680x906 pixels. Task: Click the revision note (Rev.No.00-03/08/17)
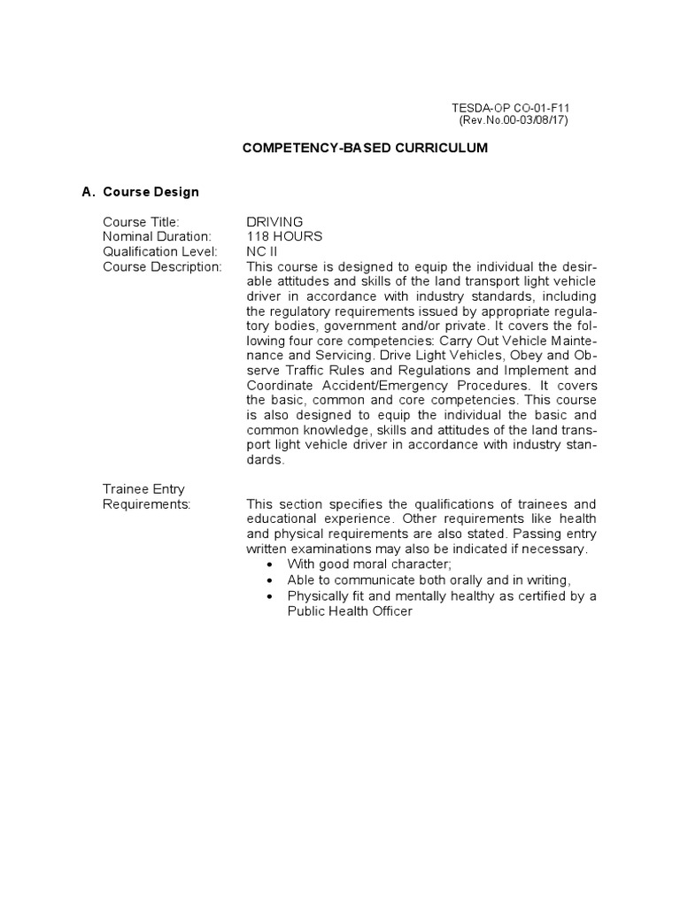[x=514, y=120]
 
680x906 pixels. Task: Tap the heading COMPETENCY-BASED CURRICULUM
[x=365, y=149]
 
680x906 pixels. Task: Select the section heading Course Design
[x=151, y=192]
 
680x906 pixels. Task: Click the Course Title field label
[x=141, y=221]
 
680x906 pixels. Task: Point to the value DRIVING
[x=274, y=221]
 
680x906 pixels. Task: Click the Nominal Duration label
[x=157, y=236]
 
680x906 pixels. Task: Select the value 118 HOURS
[x=284, y=236]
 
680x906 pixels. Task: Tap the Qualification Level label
[x=159, y=251]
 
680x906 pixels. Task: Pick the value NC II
[x=262, y=251]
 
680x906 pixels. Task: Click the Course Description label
[x=162, y=266]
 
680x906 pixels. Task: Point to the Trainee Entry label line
[x=143, y=488]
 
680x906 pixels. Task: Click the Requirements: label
[x=146, y=503]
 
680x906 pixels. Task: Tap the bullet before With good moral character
[x=270, y=564]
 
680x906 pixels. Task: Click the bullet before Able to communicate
[x=270, y=580]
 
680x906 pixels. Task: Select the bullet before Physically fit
[x=270, y=595]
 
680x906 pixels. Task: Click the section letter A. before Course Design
[x=87, y=192]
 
